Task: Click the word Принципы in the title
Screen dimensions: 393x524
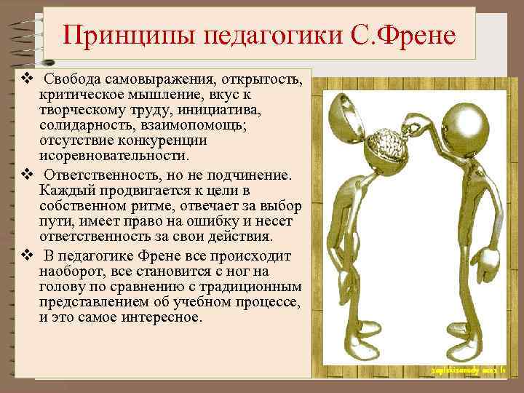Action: click(x=116, y=34)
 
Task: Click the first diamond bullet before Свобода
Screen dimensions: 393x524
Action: click(x=26, y=76)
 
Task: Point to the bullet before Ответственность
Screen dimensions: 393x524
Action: click(x=26, y=175)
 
